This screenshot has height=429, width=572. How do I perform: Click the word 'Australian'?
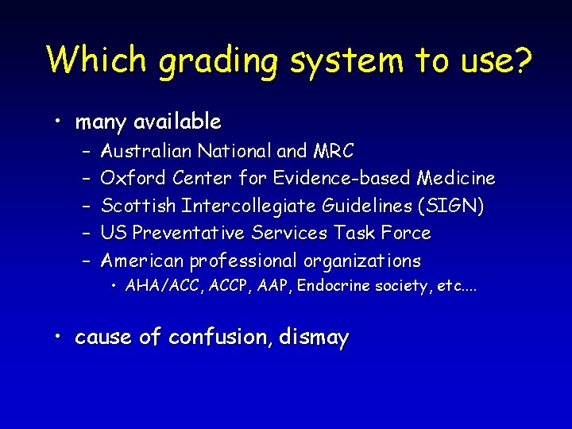pyautogui.click(x=147, y=150)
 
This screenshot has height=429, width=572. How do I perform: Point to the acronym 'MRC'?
pyautogui.click(x=334, y=150)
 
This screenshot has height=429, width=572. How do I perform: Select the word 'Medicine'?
pyautogui.click(x=455, y=178)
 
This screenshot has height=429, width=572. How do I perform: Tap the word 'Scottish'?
pyautogui.click(x=139, y=206)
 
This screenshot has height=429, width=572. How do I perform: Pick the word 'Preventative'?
pyautogui.click(x=189, y=233)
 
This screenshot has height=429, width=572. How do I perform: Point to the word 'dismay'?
pyautogui.click(x=315, y=338)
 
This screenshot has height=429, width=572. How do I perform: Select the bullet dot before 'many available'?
pyautogui.click(x=60, y=122)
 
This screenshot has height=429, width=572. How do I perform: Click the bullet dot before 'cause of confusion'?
pyautogui.click(x=60, y=337)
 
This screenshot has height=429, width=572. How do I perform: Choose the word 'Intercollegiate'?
pyautogui.click(x=249, y=206)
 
